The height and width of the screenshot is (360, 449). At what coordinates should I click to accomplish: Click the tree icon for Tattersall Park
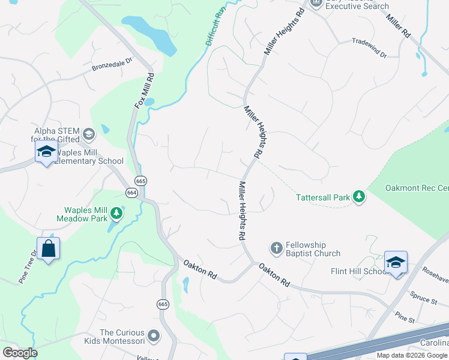coord(359,196)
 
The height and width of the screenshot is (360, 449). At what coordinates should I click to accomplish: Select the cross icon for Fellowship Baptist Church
coord(276,248)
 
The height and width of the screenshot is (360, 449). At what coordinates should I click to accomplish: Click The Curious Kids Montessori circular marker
coord(154,337)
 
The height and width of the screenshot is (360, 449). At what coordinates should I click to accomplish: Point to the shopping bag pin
coord(48,248)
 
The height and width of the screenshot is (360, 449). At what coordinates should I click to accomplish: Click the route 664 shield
coord(131,192)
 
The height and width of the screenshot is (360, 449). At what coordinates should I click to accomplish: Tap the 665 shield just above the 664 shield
coord(141,181)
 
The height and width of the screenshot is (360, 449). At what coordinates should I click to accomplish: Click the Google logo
coord(20,353)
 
